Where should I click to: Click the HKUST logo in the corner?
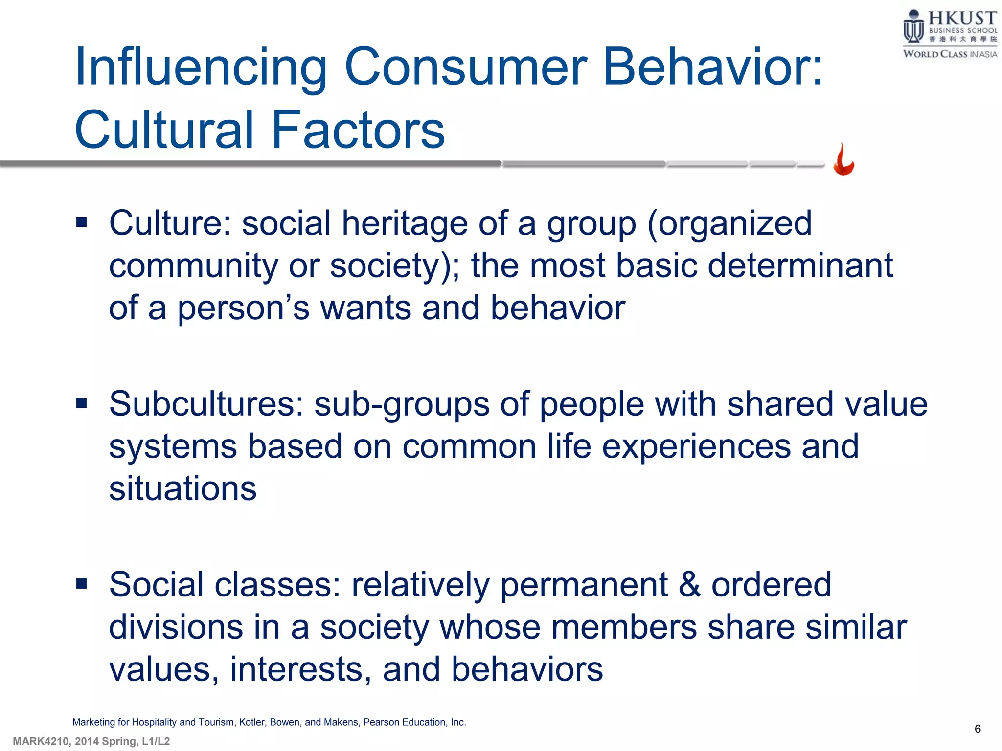point(949,34)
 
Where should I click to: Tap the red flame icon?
point(843,160)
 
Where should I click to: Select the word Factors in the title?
point(358,130)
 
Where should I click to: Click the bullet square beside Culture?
point(81,223)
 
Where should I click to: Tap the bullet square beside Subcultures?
point(81,403)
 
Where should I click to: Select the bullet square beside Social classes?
point(81,583)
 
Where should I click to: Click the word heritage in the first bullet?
point(404,224)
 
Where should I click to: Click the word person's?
point(243,309)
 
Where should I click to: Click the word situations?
point(182,489)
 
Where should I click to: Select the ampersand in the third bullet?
point(689,585)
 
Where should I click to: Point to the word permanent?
point(584,585)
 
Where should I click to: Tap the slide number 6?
point(978,729)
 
